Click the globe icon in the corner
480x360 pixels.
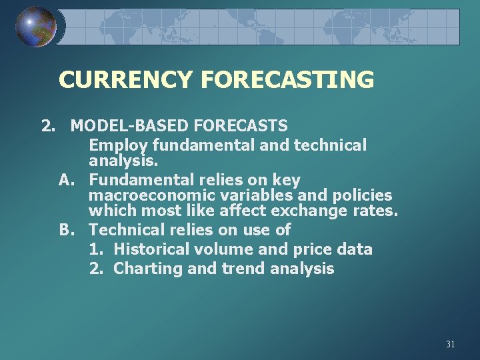pyautogui.click(x=35, y=27)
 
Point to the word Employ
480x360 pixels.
pyautogui.click(x=119, y=145)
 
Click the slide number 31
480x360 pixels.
pyautogui.click(x=450, y=345)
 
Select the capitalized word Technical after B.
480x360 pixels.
pyautogui.click(x=127, y=230)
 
